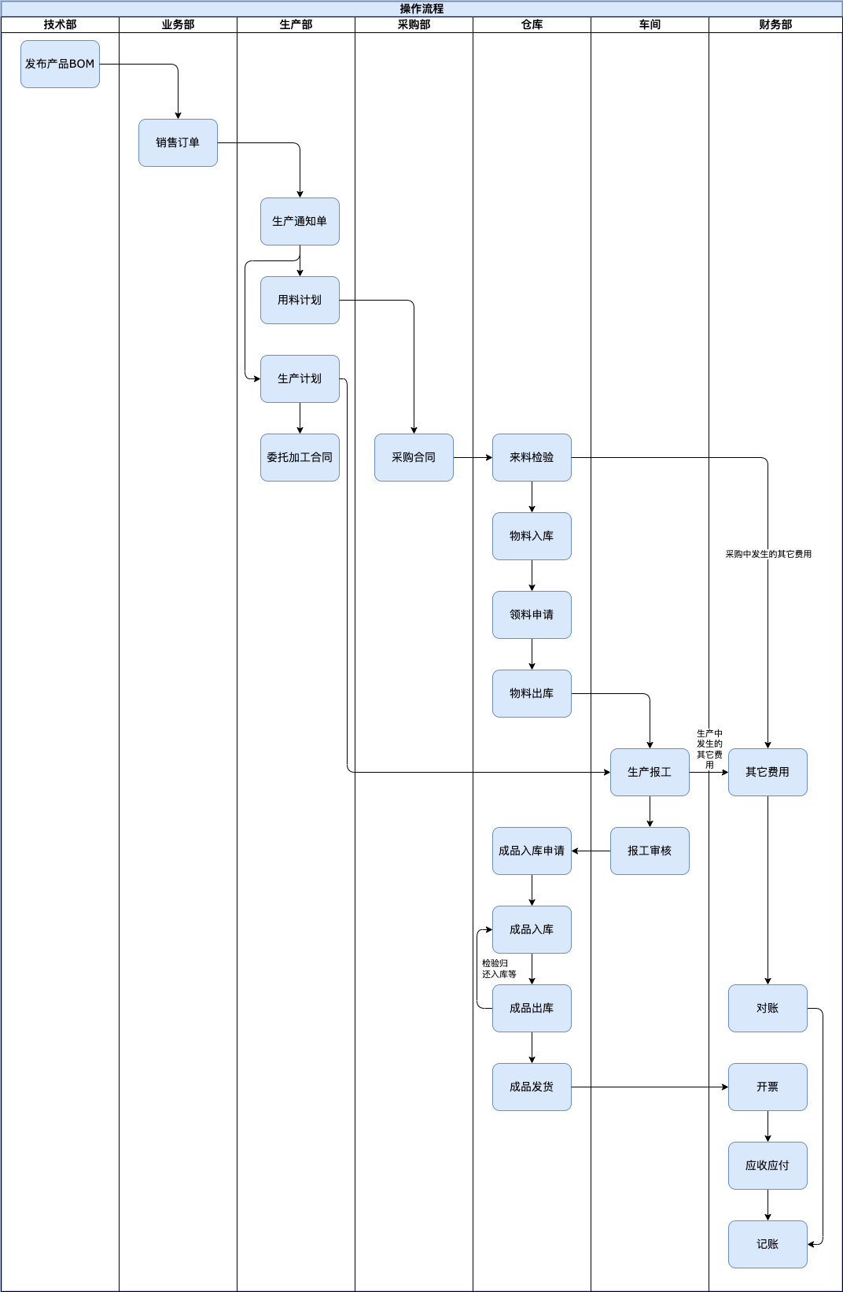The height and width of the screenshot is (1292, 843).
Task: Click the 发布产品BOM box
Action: pos(60,64)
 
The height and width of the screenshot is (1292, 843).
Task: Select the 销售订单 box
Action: pos(178,142)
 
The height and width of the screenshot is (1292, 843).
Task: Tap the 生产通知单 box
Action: pos(300,221)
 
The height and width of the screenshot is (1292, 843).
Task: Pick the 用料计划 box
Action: pos(300,300)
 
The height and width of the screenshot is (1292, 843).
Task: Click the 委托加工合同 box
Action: pos(300,457)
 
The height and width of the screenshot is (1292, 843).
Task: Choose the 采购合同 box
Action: pos(414,457)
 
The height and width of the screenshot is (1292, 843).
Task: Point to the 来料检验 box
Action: pos(532,457)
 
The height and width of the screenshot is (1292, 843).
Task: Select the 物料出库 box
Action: pos(532,693)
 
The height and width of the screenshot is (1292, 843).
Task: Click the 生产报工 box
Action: pos(650,773)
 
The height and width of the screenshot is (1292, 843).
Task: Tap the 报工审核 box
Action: pos(650,851)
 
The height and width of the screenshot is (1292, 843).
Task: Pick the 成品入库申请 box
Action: pos(532,851)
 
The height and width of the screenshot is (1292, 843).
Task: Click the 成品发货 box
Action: pos(532,1087)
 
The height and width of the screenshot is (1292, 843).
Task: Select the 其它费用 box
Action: pos(768,773)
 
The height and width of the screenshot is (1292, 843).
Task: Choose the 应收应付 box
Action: pos(768,1165)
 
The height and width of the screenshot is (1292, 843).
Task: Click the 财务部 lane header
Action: pos(775,24)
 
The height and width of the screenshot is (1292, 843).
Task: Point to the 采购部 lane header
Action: pos(414,24)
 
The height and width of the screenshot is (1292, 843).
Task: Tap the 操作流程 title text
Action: pos(421,9)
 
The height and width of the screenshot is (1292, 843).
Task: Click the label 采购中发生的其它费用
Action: pos(768,554)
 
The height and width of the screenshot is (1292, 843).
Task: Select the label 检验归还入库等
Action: pos(499,969)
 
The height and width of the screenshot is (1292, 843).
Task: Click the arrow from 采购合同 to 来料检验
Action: pos(473,457)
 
